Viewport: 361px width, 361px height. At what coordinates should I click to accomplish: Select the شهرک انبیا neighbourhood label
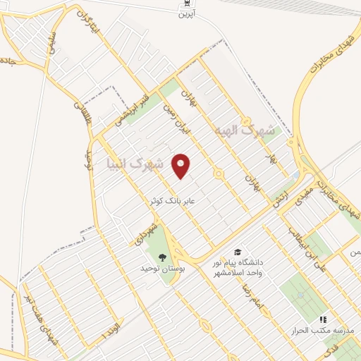pyautogui.click(x=134, y=165)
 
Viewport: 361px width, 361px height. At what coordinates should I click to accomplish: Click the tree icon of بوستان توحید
pyautogui.click(x=164, y=257)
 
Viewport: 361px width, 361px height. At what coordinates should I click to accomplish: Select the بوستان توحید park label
pyautogui.click(x=164, y=269)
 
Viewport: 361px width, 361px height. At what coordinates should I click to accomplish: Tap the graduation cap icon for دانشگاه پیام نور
pyautogui.click(x=238, y=252)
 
